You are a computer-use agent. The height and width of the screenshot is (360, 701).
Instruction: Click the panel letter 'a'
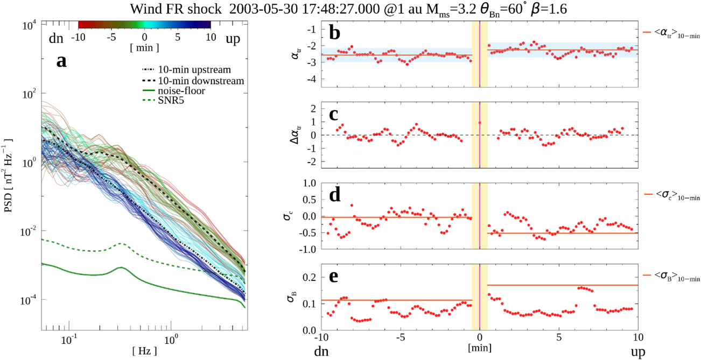[x=62, y=61]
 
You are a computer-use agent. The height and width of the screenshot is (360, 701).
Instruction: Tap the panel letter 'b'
[x=335, y=34]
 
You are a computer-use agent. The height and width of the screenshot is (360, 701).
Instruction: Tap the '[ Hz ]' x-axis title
[x=144, y=351]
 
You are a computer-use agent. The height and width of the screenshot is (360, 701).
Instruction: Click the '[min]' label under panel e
[x=479, y=349]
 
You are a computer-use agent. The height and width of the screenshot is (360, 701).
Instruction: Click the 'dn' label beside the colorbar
[x=55, y=38]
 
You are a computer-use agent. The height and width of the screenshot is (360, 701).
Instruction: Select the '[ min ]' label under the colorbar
[x=144, y=48]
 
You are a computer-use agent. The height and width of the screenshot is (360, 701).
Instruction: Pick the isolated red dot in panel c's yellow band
[x=480, y=123]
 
